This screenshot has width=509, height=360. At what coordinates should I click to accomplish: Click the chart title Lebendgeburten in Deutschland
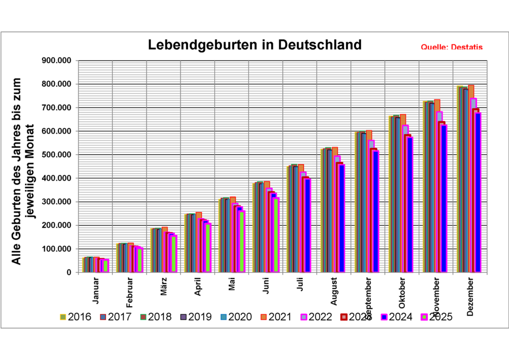coord(255,45)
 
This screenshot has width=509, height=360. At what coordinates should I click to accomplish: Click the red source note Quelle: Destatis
coord(451,48)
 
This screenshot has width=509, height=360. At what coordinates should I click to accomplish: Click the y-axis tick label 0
coord(68,272)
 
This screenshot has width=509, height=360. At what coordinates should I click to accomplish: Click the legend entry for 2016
coord(75,317)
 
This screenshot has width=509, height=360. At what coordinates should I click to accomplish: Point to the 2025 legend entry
coord(436,317)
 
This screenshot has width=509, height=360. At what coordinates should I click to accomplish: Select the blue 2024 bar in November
coord(444,199)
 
